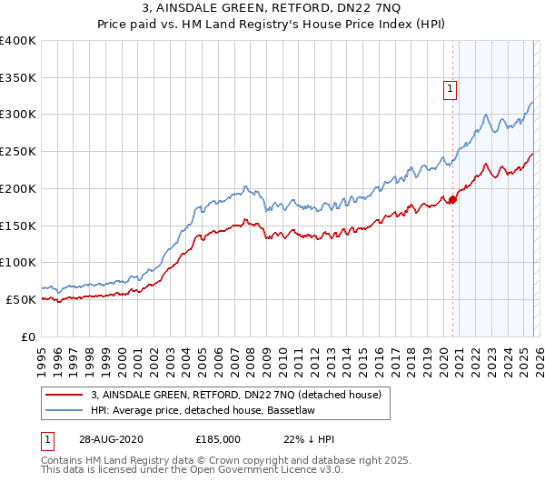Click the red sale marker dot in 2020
(452, 199)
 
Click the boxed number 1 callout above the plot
(450, 89)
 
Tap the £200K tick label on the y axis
(18, 188)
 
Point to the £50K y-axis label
(21, 299)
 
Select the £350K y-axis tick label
(18, 77)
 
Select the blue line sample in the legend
(64, 411)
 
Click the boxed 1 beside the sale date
(47, 438)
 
